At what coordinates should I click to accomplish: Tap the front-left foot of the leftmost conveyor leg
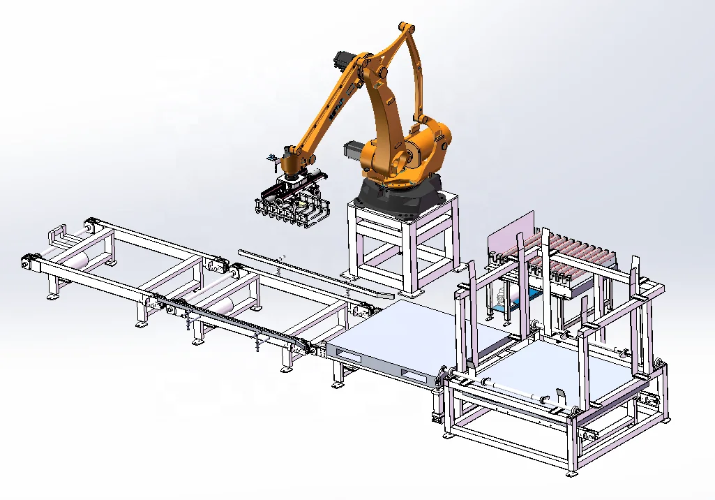[52, 297]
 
